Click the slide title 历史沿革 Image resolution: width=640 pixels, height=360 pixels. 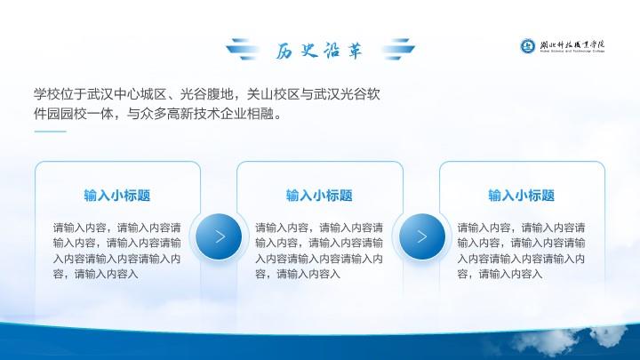pos(319,51)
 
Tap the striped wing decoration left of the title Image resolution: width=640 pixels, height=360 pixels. pos(243,50)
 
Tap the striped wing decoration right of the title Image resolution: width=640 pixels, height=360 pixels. pos(398,50)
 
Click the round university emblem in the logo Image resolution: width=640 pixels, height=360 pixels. pos(527,45)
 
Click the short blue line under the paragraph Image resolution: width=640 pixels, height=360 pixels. pos(50,132)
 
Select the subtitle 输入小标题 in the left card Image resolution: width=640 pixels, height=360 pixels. pos(117,196)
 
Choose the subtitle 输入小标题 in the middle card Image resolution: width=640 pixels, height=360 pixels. pos(319,196)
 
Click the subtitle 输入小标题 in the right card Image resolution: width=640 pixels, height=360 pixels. pos(521,196)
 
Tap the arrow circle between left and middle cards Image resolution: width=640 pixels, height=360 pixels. pos(219,236)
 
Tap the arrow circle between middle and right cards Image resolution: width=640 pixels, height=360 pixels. pos(422,236)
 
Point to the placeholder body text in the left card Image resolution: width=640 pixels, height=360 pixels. pos(117,251)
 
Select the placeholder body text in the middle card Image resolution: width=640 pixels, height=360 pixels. pos(319,251)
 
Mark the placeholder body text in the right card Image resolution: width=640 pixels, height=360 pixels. pos(521,251)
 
